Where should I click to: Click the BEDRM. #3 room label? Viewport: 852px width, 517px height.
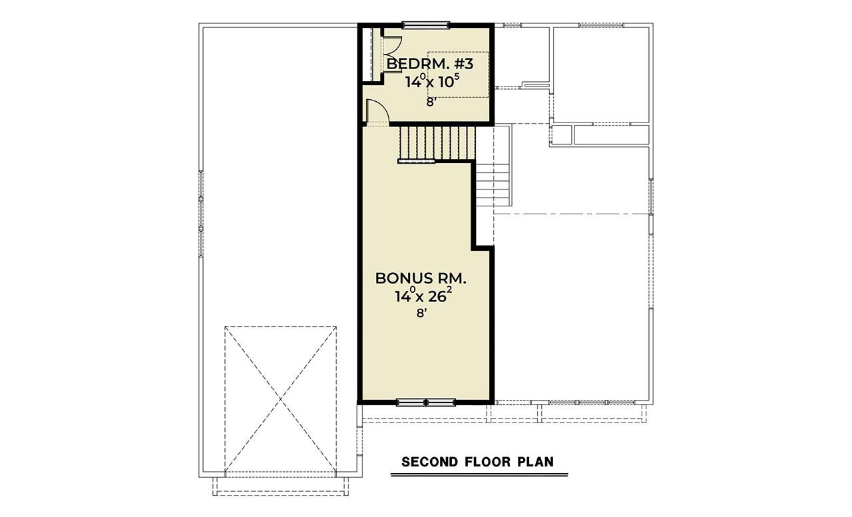click(430, 65)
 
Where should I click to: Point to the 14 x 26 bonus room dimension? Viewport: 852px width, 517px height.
click(426, 296)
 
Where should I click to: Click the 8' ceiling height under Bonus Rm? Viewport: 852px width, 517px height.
click(421, 313)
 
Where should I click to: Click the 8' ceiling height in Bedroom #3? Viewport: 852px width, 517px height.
click(431, 102)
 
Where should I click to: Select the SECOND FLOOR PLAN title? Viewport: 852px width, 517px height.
click(477, 461)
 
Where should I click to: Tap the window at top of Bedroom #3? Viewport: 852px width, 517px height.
click(425, 26)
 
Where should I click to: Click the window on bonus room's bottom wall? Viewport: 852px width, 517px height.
click(426, 402)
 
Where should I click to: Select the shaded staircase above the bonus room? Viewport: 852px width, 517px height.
click(437, 142)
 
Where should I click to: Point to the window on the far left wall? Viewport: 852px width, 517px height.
click(200, 213)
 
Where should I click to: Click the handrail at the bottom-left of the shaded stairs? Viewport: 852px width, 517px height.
click(416, 161)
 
